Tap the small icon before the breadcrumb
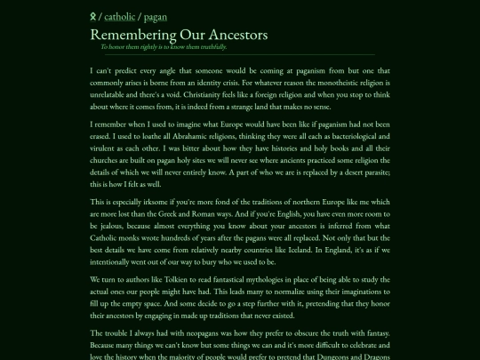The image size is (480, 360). (93, 16)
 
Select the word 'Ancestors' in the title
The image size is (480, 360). (233, 35)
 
